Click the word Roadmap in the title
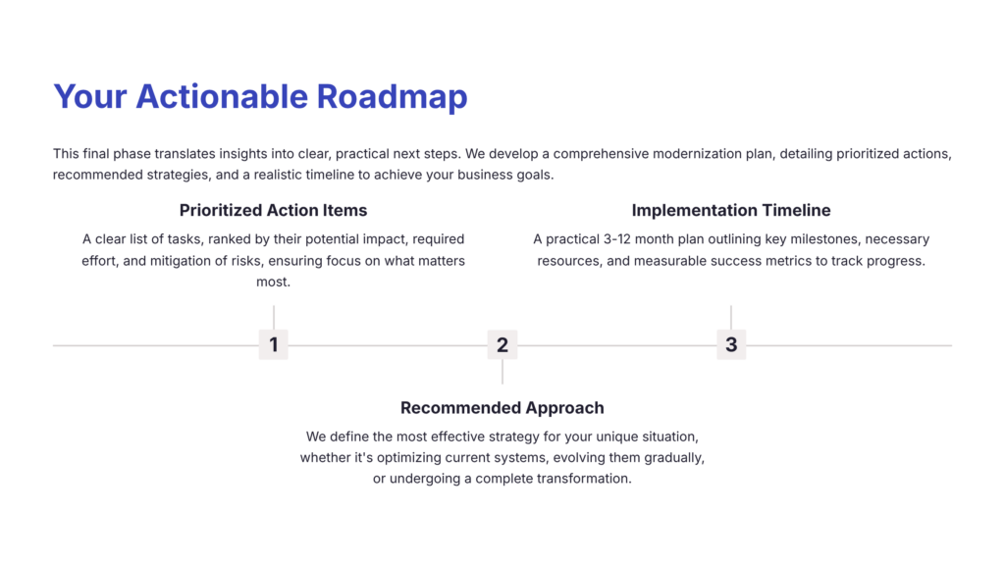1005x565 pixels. pyautogui.click(x=392, y=96)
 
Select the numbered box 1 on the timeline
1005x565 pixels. pyautogui.click(x=273, y=344)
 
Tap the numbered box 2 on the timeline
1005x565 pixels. pyautogui.click(x=502, y=344)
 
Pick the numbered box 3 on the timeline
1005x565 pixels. pyautogui.click(x=731, y=344)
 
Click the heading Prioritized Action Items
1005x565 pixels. pyautogui.click(x=273, y=210)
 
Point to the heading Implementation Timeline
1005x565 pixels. pyautogui.click(x=731, y=210)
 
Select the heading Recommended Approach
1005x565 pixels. pyautogui.click(x=502, y=407)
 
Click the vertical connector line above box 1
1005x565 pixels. pyautogui.click(x=273, y=317)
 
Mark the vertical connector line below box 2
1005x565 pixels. pyautogui.click(x=502, y=372)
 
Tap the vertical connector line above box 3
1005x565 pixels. pyautogui.click(x=731, y=317)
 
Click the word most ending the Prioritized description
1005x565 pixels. pyautogui.click(x=273, y=282)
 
